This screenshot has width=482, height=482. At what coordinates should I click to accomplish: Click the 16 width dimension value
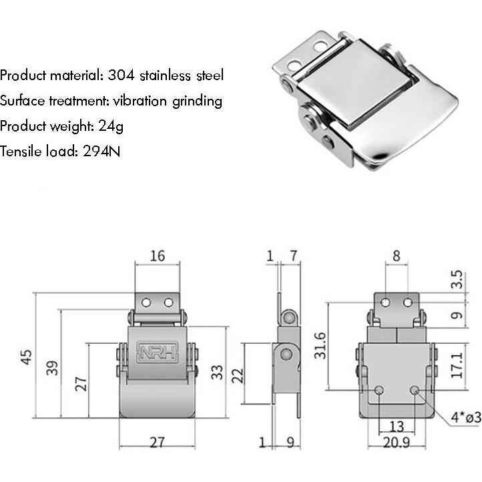[x=157, y=256]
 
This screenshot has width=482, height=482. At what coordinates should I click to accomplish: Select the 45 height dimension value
[x=26, y=356]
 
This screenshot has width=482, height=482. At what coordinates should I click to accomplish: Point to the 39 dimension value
[x=52, y=367]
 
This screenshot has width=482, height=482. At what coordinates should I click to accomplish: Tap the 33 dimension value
[x=216, y=371]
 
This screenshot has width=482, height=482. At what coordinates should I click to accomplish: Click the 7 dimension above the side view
[x=293, y=256]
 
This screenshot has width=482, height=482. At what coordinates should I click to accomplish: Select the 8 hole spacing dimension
[x=396, y=256]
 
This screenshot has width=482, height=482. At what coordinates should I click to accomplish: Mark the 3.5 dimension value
[x=456, y=278]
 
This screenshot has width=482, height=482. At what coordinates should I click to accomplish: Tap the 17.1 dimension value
[x=456, y=365]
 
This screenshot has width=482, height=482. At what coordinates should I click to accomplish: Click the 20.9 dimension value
[x=396, y=443]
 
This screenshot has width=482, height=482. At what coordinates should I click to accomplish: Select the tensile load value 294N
[x=101, y=151]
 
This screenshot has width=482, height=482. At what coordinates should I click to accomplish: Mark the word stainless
[x=168, y=75]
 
